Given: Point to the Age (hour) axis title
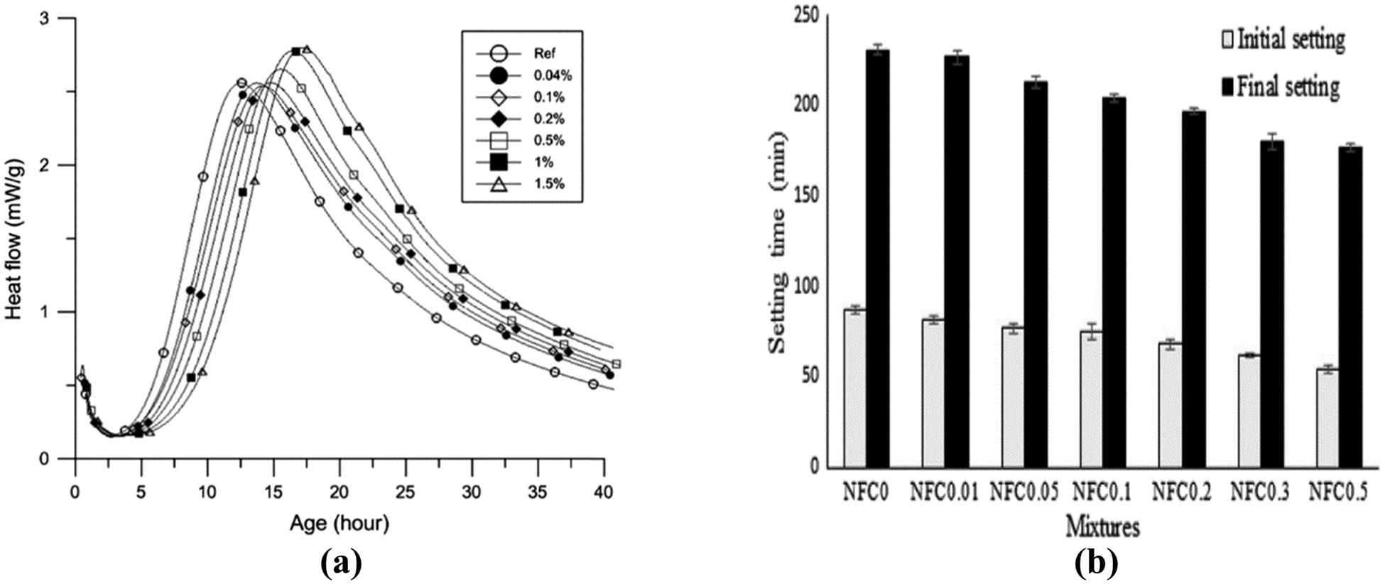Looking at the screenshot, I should click(340, 524).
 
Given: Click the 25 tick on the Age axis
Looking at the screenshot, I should click(405, 491).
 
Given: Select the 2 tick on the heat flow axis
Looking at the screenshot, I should click(62, 166).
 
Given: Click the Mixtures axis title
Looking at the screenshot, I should click(1102, 527).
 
